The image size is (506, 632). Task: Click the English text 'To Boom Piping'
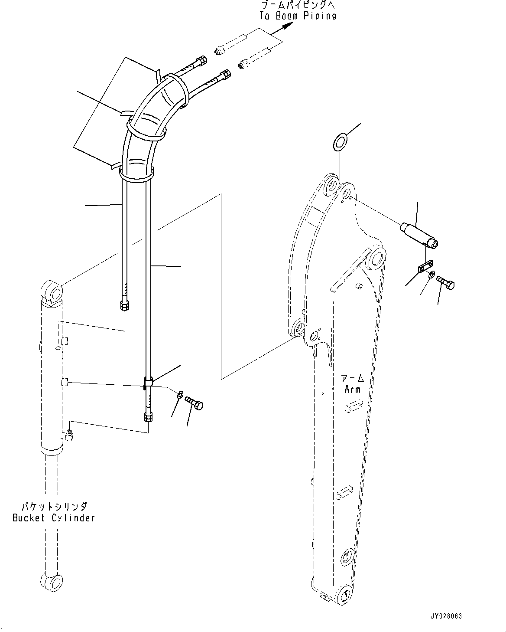click(298, 16)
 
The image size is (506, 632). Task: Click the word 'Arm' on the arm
click(352, 389)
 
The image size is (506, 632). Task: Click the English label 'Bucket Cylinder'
click(53, 517)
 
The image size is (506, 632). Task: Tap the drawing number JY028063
click(447, 616)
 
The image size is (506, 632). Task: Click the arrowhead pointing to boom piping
click(286, 26)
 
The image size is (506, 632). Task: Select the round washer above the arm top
click(340, 141)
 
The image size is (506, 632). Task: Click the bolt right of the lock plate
click(446, 283)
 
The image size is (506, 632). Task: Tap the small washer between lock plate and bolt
click(431, 275)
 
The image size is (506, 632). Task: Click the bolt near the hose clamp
click(195, 403)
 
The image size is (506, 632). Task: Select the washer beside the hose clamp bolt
click(180, 394)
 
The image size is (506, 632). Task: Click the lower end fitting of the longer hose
click(147, 417)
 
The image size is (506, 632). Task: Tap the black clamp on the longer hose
click(147, 383)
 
